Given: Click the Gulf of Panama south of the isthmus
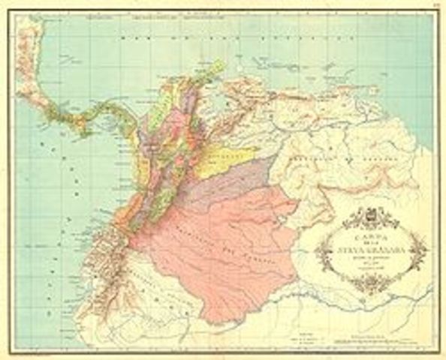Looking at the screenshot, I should click(x=113, y=142).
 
